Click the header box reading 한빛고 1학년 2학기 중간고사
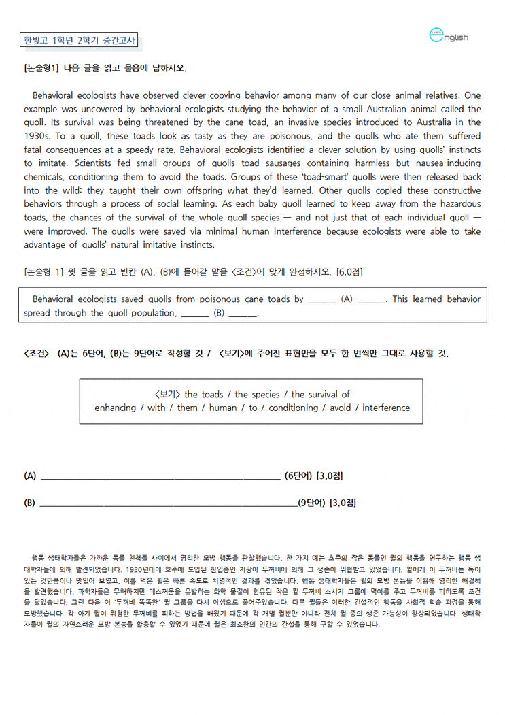pyautogui.click(x=80, y=40)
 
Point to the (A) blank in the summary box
pyautogui.click(x=347, y=299)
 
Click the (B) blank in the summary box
pyautogui.click(x=219, y=313)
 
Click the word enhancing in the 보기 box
pyautogui.click(x=115, y=408)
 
